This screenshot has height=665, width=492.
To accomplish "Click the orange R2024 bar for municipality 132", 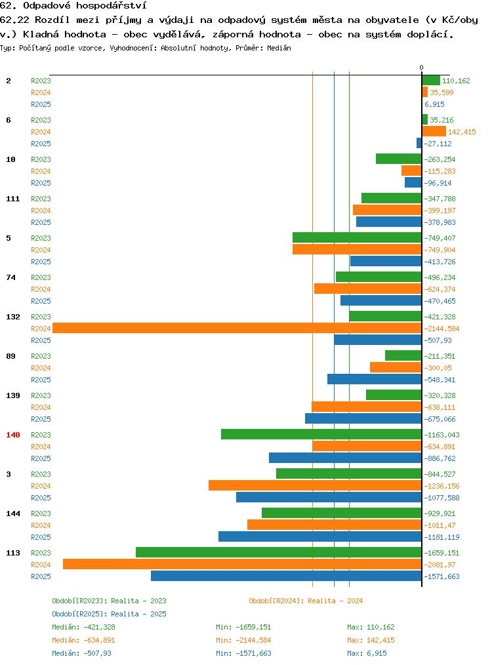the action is (237, 329).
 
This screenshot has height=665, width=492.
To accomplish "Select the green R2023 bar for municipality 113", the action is (279, 552).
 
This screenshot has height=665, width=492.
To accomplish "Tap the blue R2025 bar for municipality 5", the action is (386, 261).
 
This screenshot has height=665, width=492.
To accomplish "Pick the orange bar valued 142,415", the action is (434, 131).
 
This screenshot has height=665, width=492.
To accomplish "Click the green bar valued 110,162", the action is (432, 80).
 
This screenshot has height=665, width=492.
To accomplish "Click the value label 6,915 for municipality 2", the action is (435, 104).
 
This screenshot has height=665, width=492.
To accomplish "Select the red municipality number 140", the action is (13, 435).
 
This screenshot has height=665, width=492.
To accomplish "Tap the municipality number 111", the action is (13, 199).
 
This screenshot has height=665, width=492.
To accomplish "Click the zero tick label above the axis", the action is (421, 68).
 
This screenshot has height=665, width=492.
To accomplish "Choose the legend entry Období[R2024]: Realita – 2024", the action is (306, 601).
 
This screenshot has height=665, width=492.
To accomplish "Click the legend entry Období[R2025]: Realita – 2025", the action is (109, 614).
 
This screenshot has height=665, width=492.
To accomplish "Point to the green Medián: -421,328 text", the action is (83, 627).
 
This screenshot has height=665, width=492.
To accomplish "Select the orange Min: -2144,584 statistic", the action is (243, 640).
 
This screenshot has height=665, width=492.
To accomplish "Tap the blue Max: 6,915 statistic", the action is (367, 653).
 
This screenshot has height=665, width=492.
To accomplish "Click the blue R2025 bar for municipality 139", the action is (363, 418).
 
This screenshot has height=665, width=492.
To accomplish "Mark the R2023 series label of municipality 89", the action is (41, 356).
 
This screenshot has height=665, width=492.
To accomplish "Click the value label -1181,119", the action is (442, 537).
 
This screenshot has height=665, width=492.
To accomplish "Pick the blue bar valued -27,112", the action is (419, 143).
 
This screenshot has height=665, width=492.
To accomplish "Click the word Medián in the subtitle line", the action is (279, 48).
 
